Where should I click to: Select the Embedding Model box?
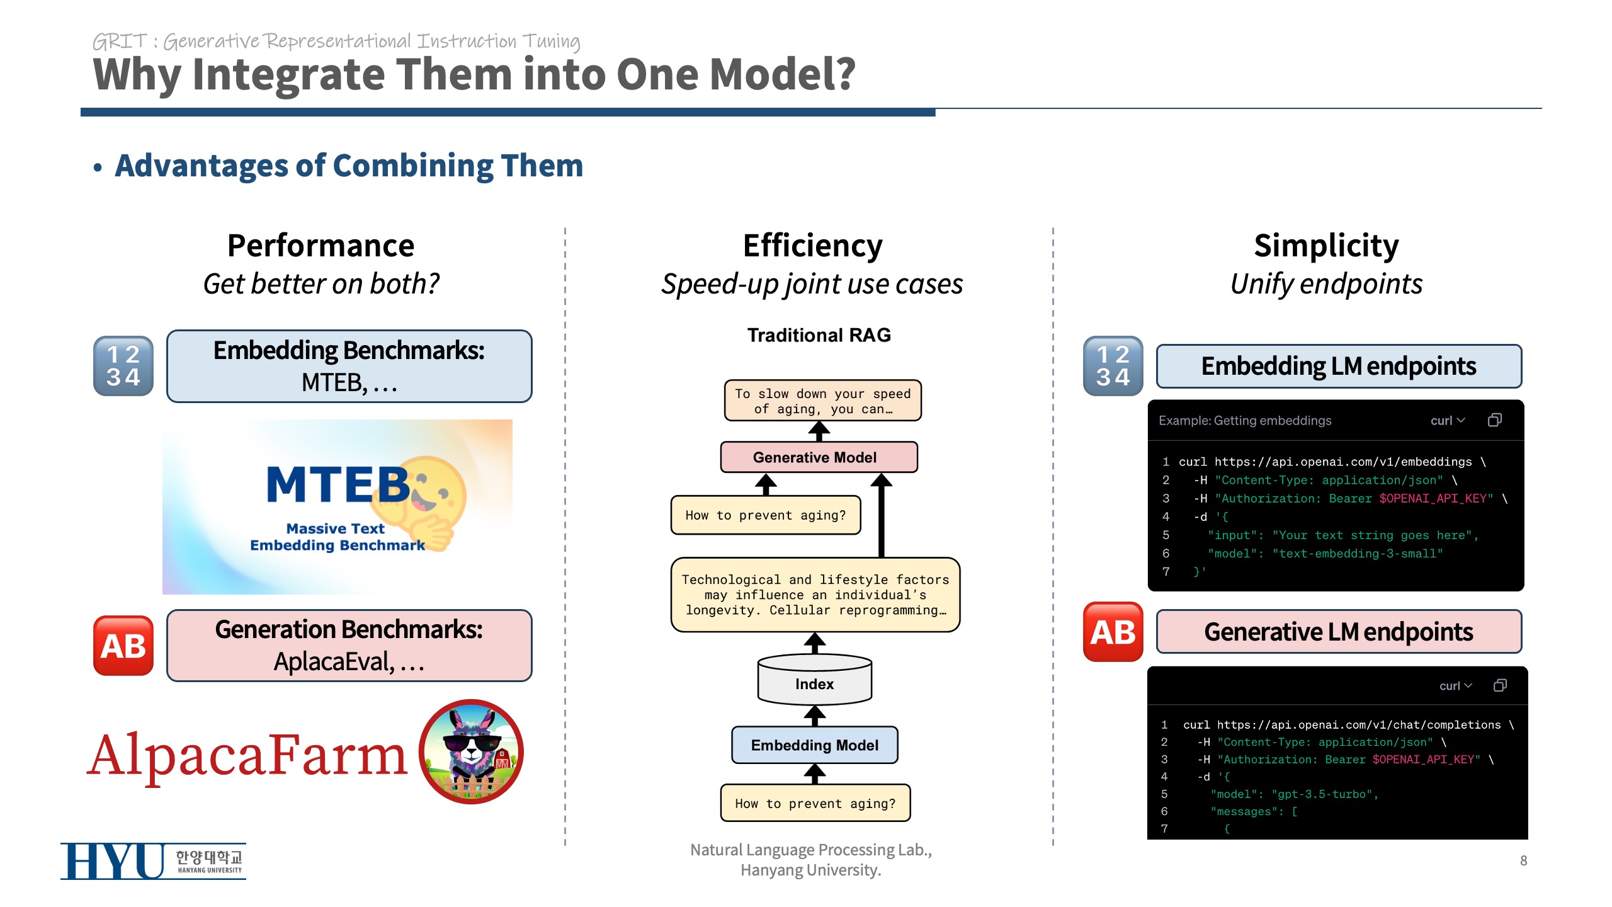pos(814,745)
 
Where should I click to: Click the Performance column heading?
pos(321,246)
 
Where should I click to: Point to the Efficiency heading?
pos(812,246)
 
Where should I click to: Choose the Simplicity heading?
pos(1326,246)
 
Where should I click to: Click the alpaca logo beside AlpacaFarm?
pos(471,752)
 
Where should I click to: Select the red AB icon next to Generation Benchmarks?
pos(123,646)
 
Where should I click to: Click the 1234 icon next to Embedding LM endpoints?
pos(1113,366)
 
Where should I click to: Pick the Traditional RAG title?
pos(819,335)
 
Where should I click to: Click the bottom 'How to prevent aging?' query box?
pos(815,803)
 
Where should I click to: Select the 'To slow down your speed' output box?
pos(822,401)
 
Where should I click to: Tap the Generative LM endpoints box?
pos(1339,632)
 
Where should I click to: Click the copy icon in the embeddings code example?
pos(1494,420)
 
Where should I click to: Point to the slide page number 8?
pos(1523,860)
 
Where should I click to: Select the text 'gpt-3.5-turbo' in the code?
pos(1322,794)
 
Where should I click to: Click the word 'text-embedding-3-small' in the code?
pos(1358,554)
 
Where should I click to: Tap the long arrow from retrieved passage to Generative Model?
pos(881,516)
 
